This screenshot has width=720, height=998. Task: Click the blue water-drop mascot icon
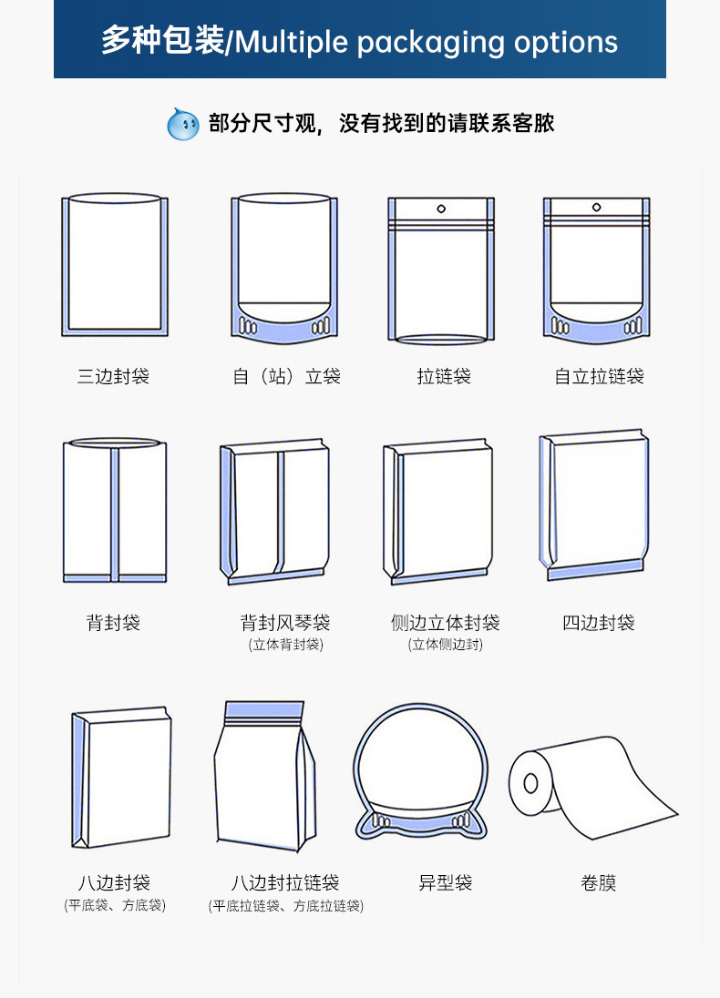pos(183,124)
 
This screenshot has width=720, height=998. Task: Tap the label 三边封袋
pos(113,376)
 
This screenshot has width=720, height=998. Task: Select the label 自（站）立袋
pos(285,376)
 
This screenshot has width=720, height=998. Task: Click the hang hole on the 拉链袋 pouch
pos(441,209)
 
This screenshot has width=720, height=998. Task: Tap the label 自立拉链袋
pos(599,376)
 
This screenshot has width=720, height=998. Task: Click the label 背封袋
pos(113,623)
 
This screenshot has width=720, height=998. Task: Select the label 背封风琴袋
pos(285,623)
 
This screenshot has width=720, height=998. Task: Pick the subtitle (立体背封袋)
pos(285,645)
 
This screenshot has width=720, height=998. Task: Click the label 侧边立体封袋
pos(445,623)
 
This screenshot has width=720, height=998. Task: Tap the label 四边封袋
pos(599,623)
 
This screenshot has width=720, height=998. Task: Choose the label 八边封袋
pos(113,882)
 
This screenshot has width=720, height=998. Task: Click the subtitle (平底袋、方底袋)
pos(115,905)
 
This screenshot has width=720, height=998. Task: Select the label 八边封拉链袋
pos(285,882)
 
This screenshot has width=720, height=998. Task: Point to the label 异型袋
pos(445,882)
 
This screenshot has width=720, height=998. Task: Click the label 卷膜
pos(599,882)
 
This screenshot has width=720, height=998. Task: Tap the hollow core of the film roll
pos(530,783)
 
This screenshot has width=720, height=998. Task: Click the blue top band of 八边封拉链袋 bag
pos(263,708)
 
